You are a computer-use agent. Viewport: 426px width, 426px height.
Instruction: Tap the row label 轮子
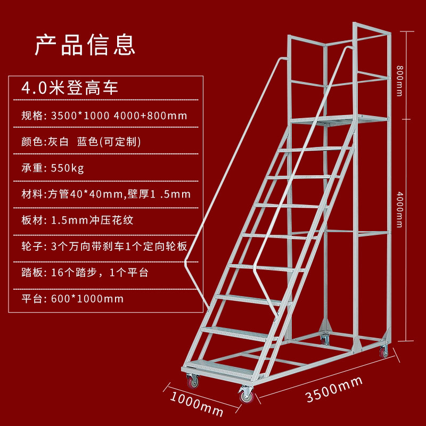32,246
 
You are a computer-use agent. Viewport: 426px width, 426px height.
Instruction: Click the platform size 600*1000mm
87,298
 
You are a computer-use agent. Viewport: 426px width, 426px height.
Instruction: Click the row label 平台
32,298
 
